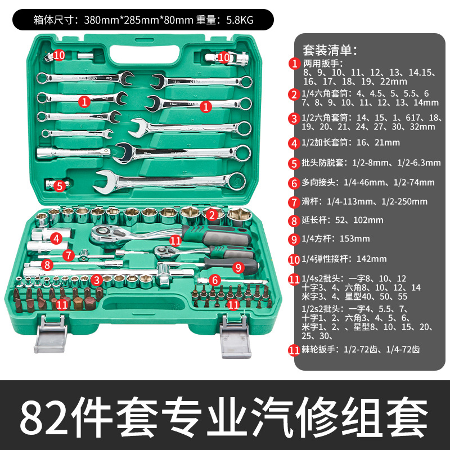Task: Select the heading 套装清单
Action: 329,50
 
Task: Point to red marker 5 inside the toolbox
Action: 60,186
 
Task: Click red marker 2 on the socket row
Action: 211,214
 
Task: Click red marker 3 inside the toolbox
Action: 97,279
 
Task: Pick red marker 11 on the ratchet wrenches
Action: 175,240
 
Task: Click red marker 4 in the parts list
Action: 294,142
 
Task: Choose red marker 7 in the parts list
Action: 294,201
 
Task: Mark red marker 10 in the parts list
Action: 294,259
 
